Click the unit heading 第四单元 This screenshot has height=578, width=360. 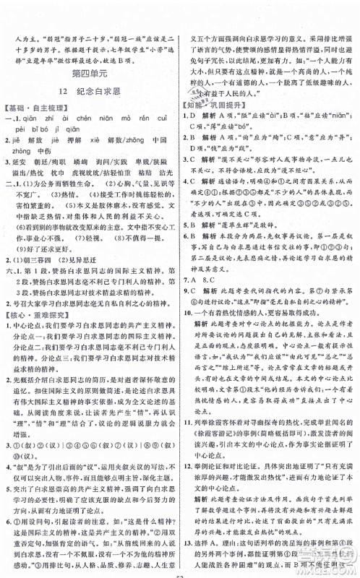click(x=90, y=73)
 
